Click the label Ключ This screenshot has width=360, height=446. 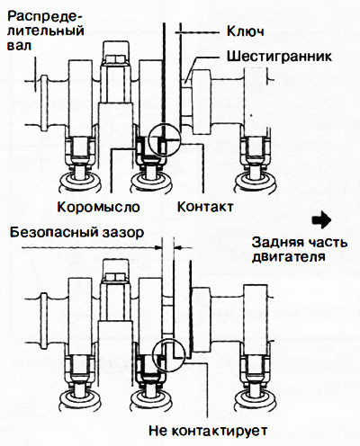245,31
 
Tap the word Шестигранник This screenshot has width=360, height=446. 279,56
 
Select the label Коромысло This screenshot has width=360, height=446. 99,207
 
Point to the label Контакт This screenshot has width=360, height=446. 205,207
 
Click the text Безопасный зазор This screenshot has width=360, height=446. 77,232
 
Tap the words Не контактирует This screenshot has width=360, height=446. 208,431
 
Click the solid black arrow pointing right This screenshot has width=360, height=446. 321,220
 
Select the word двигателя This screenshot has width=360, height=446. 289,257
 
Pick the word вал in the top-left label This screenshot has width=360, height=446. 19,46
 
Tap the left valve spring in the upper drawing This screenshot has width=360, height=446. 79,183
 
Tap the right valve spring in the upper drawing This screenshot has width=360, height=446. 256,183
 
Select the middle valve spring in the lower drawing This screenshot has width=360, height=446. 151,400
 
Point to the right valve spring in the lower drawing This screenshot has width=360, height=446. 256,400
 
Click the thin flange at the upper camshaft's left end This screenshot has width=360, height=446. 44,103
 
